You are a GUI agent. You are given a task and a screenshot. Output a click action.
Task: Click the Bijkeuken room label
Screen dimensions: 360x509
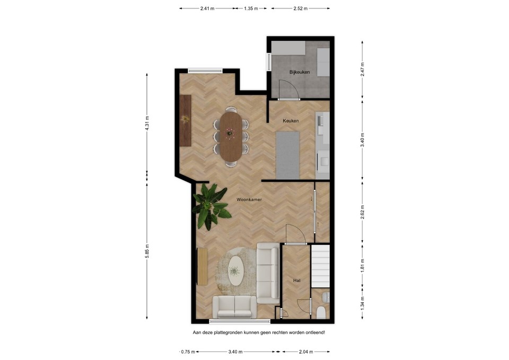pos(300,72)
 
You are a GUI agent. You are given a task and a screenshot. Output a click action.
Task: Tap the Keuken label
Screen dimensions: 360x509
pos(291,121)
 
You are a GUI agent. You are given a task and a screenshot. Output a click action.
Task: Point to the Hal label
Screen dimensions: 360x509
pos(297,280)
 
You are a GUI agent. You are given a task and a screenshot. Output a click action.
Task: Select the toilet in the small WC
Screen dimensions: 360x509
pos(321,312)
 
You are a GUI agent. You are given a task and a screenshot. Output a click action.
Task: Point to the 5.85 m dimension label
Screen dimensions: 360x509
pos(147,250)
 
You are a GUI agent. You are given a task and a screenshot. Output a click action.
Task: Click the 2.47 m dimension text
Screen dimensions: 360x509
pos(362,69)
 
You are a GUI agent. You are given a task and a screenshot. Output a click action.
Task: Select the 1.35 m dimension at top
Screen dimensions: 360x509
pos(251,8)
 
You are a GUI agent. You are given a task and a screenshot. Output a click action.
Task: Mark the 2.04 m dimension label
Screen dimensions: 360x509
pos(305,352)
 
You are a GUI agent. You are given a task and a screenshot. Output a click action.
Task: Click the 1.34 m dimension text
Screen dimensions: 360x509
pos(362,303)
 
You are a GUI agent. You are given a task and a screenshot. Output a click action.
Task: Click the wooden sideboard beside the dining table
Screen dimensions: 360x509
pos(185,120)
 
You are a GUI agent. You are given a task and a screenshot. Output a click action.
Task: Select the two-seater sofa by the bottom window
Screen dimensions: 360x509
pos(234,307)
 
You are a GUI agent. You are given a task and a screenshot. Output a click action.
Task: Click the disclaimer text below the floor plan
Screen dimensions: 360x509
pos(259,332)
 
